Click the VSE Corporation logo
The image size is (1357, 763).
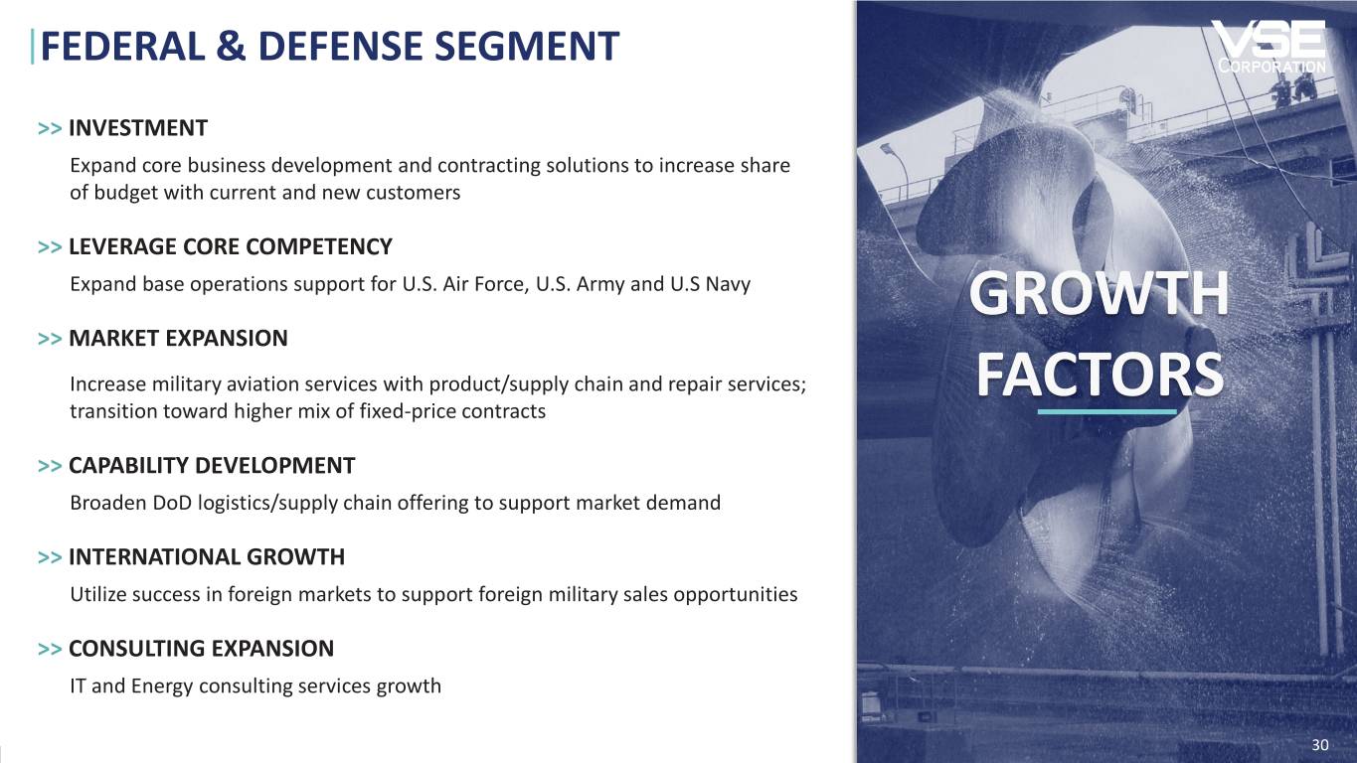1271,47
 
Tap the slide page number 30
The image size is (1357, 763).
1320,745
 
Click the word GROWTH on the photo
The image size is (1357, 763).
1099,294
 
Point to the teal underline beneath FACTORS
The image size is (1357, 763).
1106,411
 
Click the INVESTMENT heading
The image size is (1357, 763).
138,128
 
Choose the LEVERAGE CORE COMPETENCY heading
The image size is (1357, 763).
231,247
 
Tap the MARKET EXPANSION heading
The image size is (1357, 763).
178,339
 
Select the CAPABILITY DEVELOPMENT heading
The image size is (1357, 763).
212,466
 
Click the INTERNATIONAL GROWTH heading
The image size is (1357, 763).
207,557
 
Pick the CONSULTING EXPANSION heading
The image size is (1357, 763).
201,649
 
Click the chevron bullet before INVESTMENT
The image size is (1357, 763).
50,129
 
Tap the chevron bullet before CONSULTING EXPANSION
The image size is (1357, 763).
50,649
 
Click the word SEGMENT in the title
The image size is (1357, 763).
527,46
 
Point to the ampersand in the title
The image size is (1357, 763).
231,46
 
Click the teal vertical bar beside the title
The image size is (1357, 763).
32,47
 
